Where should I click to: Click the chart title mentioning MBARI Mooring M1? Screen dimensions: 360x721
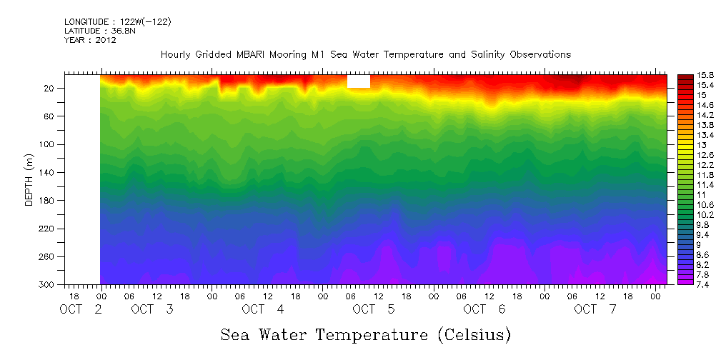coord(365,55)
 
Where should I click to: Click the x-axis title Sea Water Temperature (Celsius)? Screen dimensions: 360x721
coord(365,334)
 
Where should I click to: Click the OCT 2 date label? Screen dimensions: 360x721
coord(81,309)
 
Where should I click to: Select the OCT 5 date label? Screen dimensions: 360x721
coord(374,309)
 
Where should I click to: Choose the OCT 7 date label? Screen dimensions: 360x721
coord(595,309)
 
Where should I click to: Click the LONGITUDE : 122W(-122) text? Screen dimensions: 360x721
coord(117,22)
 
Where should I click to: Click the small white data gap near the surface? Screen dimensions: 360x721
coord(359,81)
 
